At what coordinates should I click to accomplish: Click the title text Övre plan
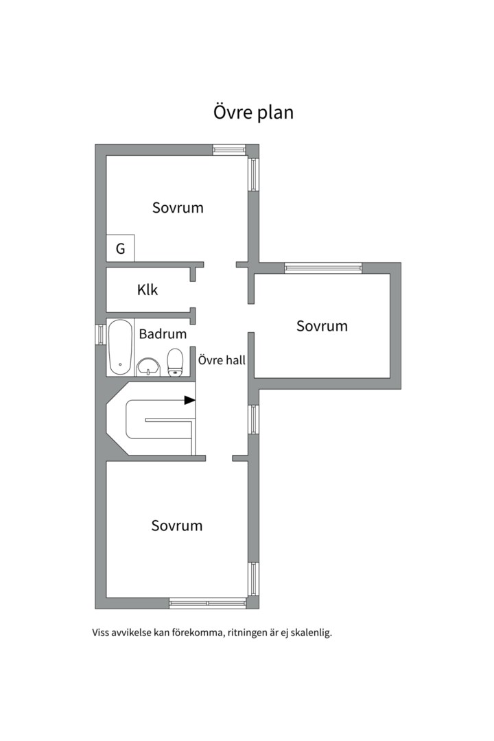(x=253, y=113)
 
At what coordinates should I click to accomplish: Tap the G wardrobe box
(x=121, y=248)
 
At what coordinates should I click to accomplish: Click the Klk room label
(x=148, y=290)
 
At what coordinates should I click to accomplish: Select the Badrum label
(x=163, y=334)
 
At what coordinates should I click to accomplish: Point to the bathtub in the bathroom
(x=121, y=347)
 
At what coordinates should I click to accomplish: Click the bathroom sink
(x=148, y=367)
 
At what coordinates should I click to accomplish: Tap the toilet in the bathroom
(x=176, y=363)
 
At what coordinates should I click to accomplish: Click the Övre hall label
(x=222, y=360)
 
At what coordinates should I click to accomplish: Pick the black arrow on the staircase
(x=189, y=400)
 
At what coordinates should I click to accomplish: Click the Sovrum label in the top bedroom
(x=178, y=207)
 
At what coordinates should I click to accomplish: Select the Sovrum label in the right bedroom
(x=322, y=326)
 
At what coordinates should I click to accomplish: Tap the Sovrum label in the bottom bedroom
(x=177, y=526)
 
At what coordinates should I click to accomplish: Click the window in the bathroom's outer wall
(x=100, y=335)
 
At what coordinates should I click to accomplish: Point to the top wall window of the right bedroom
(x=323, y=268)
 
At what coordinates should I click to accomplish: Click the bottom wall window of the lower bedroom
(x=208, y=603)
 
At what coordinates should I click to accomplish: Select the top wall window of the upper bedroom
(x=229, y=150)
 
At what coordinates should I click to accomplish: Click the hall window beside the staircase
(x=253, y=419)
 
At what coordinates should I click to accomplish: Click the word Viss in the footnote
(x=101, y=633)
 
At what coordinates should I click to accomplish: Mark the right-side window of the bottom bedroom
(x=253, y=579)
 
